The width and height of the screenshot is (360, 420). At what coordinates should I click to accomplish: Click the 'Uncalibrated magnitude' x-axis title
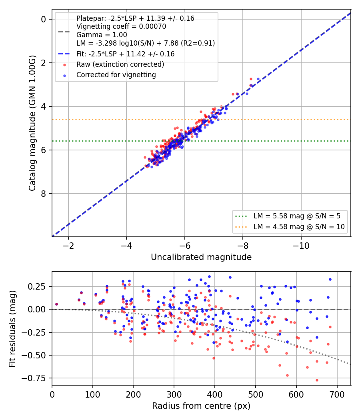point(201,257)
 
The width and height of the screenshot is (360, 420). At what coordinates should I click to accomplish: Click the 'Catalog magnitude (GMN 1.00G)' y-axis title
point(32,123)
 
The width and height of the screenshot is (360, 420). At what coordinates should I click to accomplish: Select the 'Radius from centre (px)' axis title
point(201,406)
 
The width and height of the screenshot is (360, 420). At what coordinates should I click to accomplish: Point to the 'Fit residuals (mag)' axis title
point(12,329)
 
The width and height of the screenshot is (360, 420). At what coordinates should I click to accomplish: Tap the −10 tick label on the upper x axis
point(301,246)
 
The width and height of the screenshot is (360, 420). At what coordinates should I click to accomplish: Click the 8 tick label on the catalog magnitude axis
point(43,194)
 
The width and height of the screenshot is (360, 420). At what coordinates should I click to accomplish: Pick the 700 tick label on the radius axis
point(337,394)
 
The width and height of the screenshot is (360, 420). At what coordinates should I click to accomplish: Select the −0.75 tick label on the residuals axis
point(34,378)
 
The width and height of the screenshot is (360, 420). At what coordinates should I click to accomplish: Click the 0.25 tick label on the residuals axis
point(37,286)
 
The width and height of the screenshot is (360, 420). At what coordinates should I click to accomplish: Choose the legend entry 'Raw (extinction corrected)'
point(120,64)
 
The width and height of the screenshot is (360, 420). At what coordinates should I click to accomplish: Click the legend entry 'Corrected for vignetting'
point(116,75)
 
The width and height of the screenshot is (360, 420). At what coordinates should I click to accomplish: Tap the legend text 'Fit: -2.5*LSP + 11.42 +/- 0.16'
point(125,54)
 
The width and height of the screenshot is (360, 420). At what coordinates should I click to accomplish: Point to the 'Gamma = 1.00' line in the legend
point(102,35)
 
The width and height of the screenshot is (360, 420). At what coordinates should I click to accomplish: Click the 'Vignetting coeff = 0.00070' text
point(121,26)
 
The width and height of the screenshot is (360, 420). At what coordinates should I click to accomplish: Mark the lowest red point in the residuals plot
point(317,380)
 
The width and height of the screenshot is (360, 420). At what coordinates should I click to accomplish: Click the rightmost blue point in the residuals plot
point(330,279)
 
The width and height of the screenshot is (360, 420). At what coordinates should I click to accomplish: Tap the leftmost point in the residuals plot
point(56,304)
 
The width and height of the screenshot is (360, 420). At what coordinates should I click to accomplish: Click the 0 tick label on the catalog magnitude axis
point(43,19)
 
